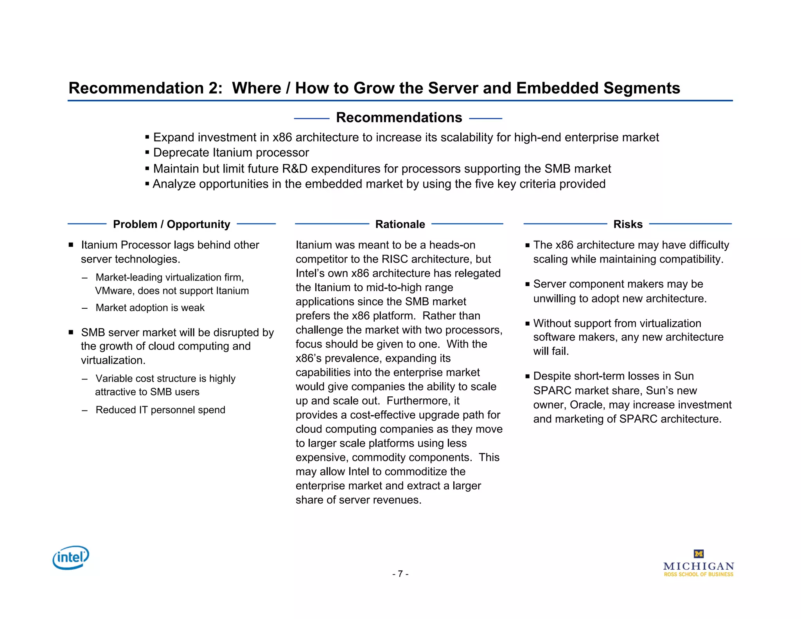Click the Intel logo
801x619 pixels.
click(x=71, y=557)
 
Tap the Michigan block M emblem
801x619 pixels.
click(x=699, y=554)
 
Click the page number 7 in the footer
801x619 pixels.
click(x=400, y=574)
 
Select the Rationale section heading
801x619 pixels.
click(x=400, y=224)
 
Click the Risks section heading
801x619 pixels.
click(x=628, y=224)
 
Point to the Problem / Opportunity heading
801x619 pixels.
click(x=171, y=224)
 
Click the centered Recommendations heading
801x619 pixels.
click(x=399, y=117)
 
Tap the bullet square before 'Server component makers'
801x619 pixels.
click(x=528, y=284)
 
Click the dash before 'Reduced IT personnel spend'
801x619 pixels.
click(x=84, y=410)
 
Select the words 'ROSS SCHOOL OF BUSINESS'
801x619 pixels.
click(x=699, y=574)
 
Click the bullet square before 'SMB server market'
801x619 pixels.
click(x=71, y=332)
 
